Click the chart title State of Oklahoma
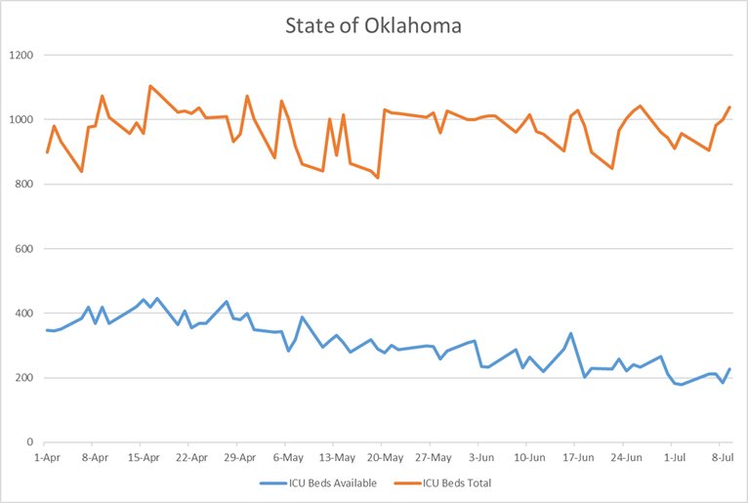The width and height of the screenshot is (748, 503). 373,25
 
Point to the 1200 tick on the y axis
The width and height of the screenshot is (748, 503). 20,56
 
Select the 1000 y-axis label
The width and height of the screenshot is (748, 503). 20,120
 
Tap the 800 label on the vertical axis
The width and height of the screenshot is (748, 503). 22,185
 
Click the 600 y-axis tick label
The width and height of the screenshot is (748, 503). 22,249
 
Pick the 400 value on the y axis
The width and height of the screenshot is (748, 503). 22,314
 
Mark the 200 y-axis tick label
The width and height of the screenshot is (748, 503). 22,378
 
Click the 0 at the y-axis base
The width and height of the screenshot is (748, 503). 29,442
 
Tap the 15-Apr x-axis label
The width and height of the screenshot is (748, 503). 144,456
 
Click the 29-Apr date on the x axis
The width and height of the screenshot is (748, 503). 240,456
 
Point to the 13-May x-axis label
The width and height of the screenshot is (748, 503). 336,456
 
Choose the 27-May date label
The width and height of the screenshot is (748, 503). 433,456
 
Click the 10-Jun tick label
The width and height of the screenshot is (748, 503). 528,456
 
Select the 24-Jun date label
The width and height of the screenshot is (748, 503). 625,456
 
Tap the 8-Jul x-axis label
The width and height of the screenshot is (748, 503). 722,456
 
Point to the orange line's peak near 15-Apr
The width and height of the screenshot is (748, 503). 150,86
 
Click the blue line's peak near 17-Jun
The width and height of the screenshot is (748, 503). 571,333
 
